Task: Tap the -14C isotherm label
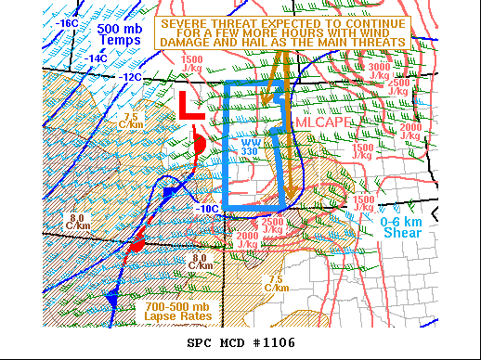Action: tap(97, 58)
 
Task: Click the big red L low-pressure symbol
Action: tap(190, 106)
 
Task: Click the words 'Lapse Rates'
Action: tap(177, 316)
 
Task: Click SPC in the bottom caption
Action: tap(201, 342)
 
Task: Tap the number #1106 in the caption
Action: tap(272, 342)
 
